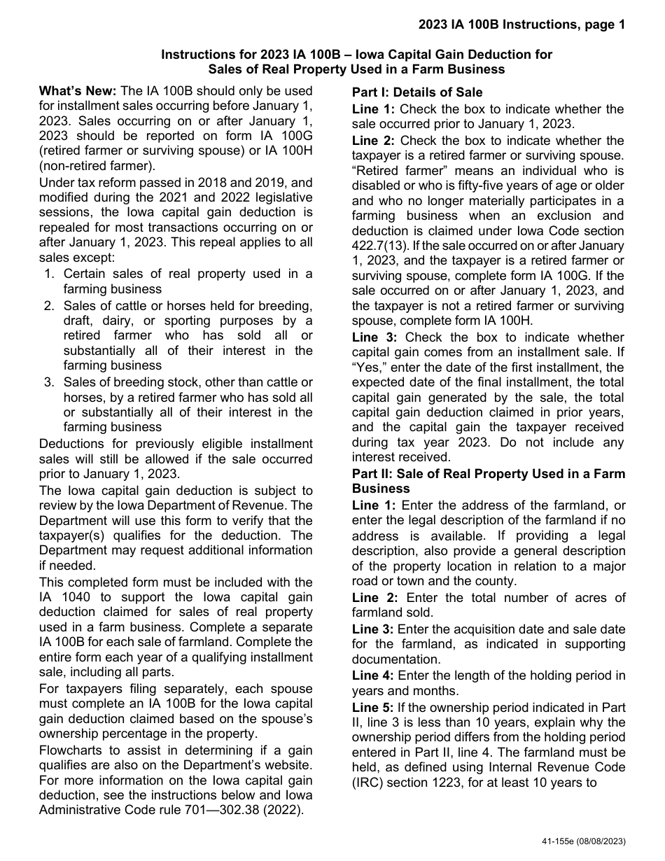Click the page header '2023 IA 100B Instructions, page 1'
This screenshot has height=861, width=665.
521,25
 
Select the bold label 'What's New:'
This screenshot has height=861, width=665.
78,91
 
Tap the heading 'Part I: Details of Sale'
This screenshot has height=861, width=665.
417,92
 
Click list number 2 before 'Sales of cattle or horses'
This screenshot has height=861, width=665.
49,305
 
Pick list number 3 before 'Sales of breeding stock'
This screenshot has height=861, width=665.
49,382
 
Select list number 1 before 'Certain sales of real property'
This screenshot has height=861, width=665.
49,274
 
